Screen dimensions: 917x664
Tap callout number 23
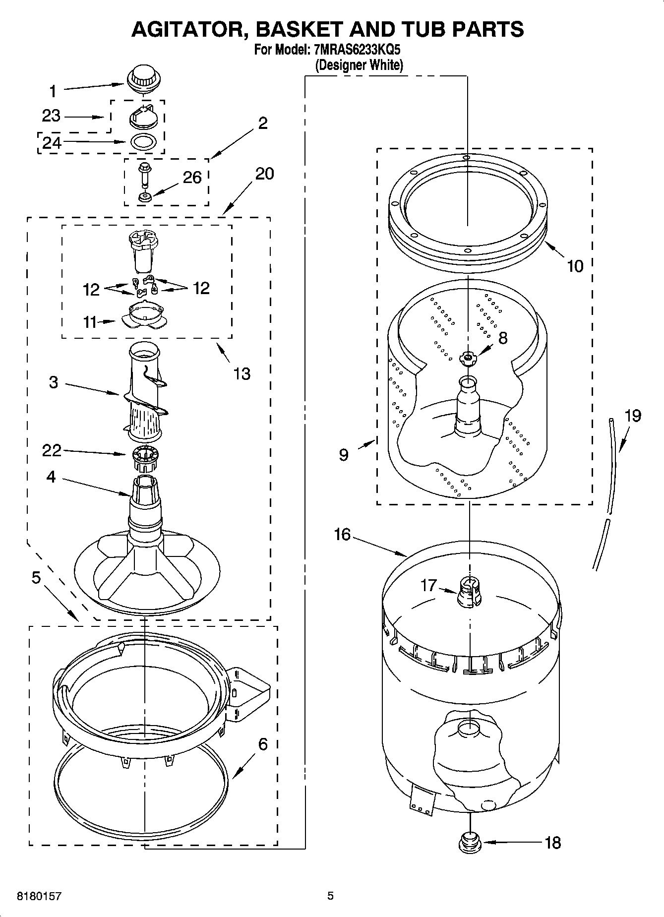tap(51, 116)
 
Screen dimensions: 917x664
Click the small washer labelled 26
tap(145, 198)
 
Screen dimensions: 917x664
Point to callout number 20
tap(264, 174)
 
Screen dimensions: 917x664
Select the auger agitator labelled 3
tap(145, 392)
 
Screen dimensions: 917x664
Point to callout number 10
tap(575, 266)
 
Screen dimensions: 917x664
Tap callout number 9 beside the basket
tap(344, 454)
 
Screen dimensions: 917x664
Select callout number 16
tap(342, 534)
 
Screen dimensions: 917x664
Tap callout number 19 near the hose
tap(633, 416)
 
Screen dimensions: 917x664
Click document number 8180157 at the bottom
tap(39, 896)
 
